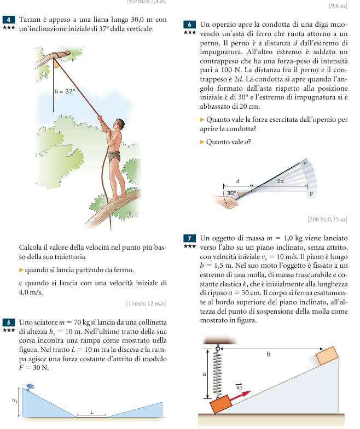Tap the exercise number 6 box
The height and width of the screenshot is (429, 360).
click(190, 25)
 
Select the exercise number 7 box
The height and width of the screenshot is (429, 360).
click(190, 238)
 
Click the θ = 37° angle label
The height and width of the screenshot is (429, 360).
click(65, 92)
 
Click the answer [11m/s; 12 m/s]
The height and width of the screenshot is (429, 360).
click(146, 303)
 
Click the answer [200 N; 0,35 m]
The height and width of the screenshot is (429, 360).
click(327, 219)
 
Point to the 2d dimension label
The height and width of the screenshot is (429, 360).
click(280, 180)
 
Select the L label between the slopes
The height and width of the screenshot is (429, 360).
click(91, 409)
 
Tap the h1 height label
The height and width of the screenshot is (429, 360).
click(15, 401)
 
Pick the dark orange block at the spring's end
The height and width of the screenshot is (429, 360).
click(222, 405)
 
